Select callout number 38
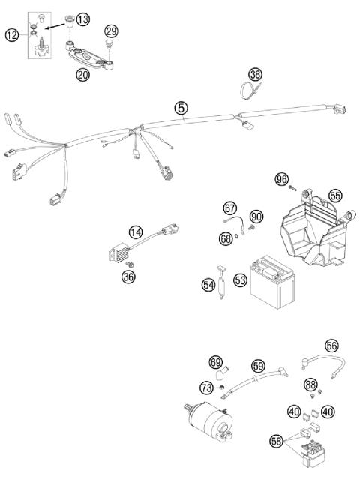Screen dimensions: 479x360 [256, 75]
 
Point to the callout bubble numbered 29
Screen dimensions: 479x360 [111, 31]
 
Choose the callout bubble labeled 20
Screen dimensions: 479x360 [82, 75]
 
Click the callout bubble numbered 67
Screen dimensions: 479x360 [229, 208]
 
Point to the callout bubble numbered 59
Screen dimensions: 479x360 [257, 367]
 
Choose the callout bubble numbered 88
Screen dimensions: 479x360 [310, 385]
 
